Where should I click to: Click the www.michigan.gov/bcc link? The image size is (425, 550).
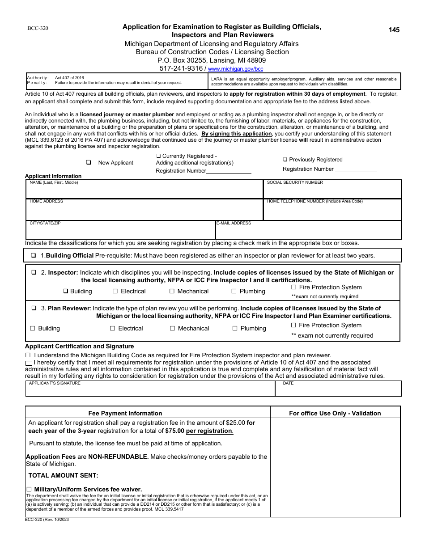[x=236, y=69]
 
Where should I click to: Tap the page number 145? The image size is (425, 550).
[x=394, y=30]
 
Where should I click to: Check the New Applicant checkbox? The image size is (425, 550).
[x=89, y=163]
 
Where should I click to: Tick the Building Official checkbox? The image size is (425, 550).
[x=34, y=256]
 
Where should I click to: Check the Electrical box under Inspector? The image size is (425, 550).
[x=115, y=291]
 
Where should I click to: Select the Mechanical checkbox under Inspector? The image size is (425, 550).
[x=172, y=291]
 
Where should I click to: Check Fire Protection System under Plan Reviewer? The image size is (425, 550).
[x=294, y=326]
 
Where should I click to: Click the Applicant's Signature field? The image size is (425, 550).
[x=150, y=389]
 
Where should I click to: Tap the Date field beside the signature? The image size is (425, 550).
[x=338, y=389]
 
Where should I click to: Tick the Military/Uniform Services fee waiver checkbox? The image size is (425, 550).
[x=30, y=489]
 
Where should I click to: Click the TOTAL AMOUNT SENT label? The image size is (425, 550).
[x=64, y=475]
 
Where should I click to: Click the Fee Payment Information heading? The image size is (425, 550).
[x=125, y=413]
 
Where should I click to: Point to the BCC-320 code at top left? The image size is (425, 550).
[x=38, y=28]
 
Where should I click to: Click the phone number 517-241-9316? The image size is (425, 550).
[x=181, y=68]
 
